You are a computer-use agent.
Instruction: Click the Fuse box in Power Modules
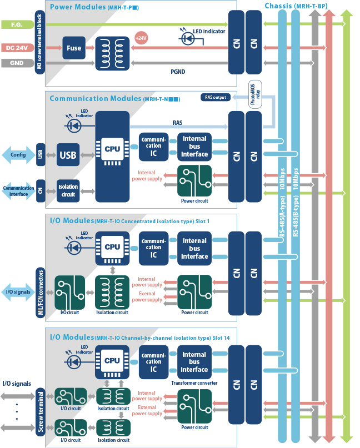tap(74, 48)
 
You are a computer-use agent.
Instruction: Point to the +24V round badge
tap(141, 38)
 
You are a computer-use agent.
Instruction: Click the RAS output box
tap(216, 98)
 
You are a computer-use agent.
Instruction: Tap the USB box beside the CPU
tap(68, 155)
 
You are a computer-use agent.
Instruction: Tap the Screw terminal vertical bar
tap(39, 411)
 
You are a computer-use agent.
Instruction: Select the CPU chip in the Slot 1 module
tap(112, 247)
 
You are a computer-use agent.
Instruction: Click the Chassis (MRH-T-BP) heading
tap(294, 6)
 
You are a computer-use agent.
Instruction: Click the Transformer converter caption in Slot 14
tap(194, 382)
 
